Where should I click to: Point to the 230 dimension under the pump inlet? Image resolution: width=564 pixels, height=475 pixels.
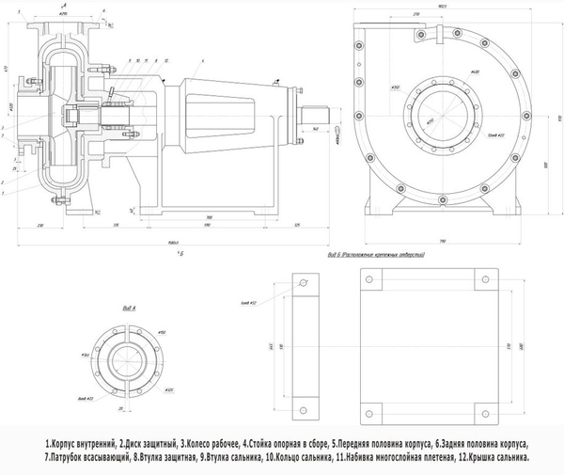(x=42, y=227)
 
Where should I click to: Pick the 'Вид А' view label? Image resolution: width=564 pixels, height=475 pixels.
(x=130, y=308)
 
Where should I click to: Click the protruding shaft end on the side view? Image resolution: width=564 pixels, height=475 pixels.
(x=309, y=127)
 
